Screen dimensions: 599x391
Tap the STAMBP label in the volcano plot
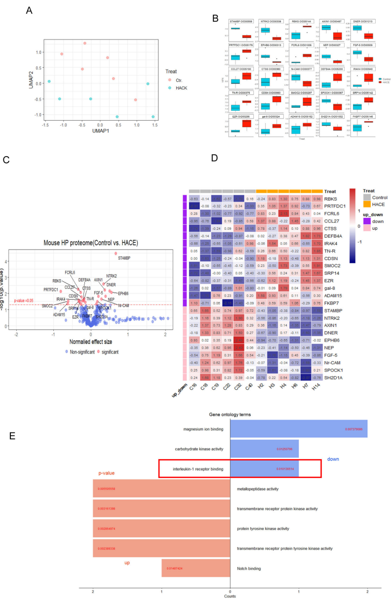pos(123,258)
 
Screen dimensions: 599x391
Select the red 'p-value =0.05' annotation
pos(24,300)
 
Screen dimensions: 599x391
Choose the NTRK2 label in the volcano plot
pos(112,276)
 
